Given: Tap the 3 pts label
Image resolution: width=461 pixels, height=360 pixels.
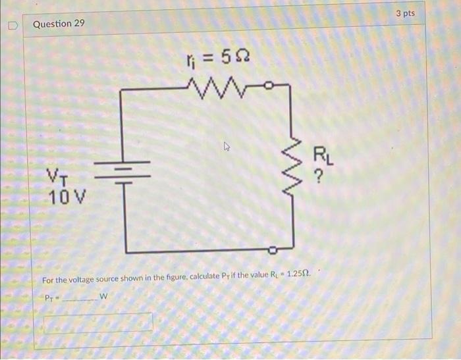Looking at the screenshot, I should coord(406,13).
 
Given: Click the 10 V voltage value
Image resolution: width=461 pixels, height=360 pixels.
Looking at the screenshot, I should coord(63,195).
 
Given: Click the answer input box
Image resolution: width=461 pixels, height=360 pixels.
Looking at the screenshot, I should coord(98,322).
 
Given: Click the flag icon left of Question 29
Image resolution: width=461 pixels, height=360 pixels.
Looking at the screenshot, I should coord(12,24).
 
